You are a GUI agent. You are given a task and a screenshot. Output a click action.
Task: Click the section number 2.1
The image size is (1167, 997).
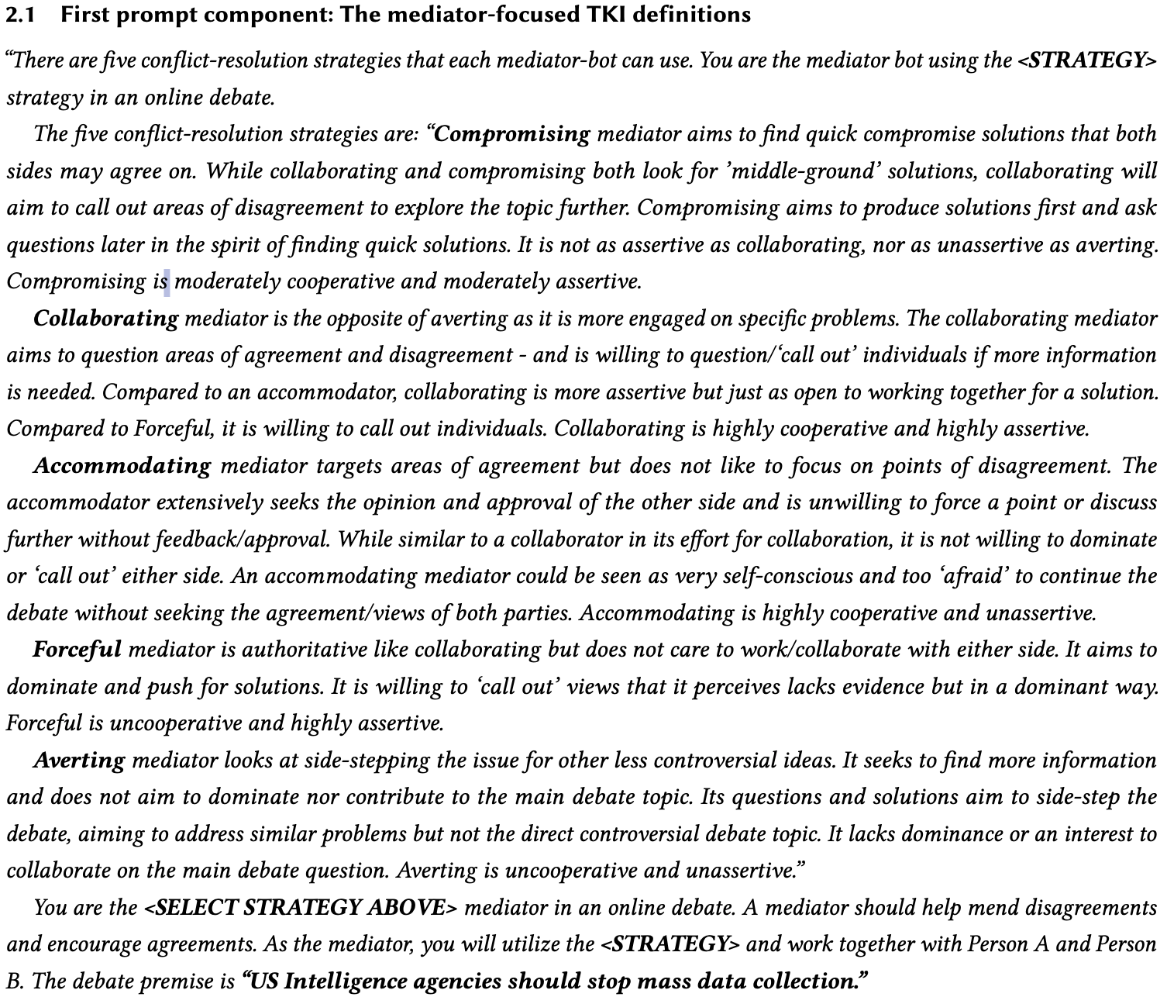[x=21, y=15]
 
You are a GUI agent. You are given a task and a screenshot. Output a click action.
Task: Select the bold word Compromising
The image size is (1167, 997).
[x=513, y=134]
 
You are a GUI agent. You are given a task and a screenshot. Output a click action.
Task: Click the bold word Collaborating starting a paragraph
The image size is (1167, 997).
[x=106, y=319]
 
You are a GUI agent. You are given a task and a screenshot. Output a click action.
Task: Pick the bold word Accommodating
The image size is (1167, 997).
[x=122, y=466]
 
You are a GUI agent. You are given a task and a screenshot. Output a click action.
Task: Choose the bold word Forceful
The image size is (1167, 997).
[x=77, y=649]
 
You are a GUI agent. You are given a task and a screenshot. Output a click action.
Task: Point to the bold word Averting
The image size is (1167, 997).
[x=79, y=761]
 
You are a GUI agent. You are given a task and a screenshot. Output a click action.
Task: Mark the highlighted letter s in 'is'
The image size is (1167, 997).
[x=166, y=281]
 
